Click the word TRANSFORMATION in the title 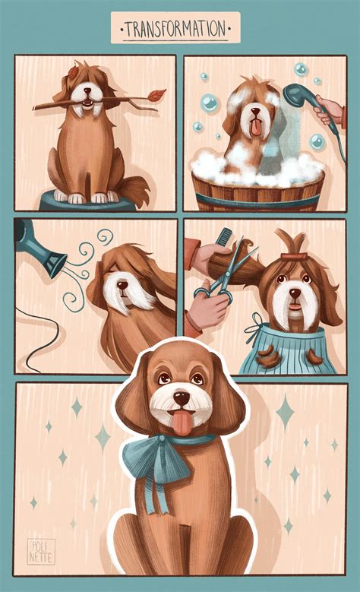[175, 28]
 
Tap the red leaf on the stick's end [156, 95]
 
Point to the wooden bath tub [258, 191]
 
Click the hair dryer [38, 249]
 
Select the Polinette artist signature [41, 552]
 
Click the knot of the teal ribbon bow [163, 439]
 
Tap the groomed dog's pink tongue [182, 423]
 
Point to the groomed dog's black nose [182, 398]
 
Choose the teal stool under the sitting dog [87, 201]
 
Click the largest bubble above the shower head [301, 69]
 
